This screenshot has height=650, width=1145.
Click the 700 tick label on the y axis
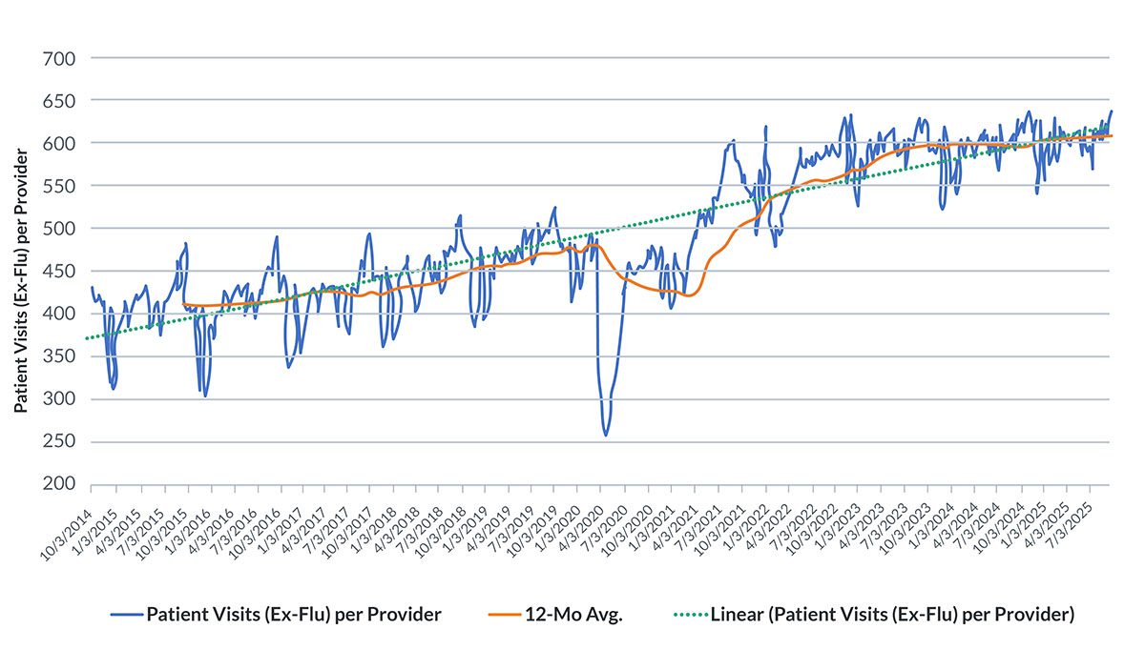coord(59,59)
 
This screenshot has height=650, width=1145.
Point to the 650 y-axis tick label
coord(59,101)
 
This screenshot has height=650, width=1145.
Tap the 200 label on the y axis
coord(59,483)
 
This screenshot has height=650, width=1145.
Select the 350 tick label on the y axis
coord(59,355)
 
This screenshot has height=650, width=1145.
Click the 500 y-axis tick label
coord(59,228)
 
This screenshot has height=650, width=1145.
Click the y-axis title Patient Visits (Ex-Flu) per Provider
coord(20,280)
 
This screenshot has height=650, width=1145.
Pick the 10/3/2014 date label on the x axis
coord(67,534)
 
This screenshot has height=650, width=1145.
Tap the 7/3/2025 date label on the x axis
coord(1070,531)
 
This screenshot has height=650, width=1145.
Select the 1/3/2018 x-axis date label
coord(374,531)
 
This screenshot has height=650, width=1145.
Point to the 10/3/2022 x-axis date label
coord(811,534)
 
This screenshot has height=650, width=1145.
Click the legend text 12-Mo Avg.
coord(573,614)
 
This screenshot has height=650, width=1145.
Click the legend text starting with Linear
coord(892,614)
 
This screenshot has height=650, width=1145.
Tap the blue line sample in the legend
coord(127,615)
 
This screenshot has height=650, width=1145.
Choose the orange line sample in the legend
coord(505,615)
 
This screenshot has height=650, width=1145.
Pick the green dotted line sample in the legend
coord(691,615)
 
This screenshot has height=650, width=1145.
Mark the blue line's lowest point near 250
coord(606,436)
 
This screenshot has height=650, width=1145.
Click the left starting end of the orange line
coord(183,304)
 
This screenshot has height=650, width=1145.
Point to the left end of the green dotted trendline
coord(87,338)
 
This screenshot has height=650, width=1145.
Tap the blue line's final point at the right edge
coord(1112,111)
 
